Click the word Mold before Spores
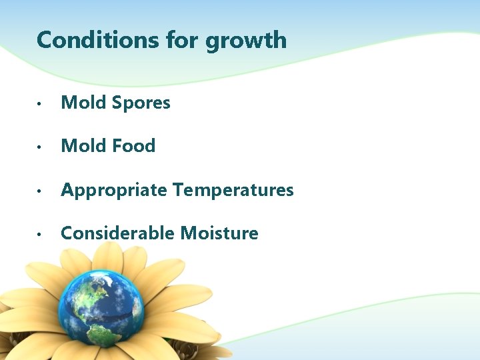[84, 103]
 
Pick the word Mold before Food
[84, 146]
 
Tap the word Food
[133, 146]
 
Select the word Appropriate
[114, 191]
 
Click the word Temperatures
[233, 190]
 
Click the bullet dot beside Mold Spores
[41, 104]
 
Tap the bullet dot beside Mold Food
[41, 147]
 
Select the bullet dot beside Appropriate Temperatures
[41, 191]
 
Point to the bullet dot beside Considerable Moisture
[41, 235]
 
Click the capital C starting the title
[45, 40]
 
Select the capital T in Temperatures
[179, 190]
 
